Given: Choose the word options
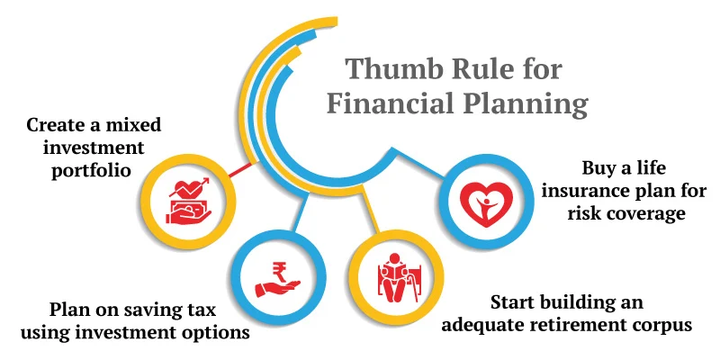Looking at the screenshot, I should click(212, 333).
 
